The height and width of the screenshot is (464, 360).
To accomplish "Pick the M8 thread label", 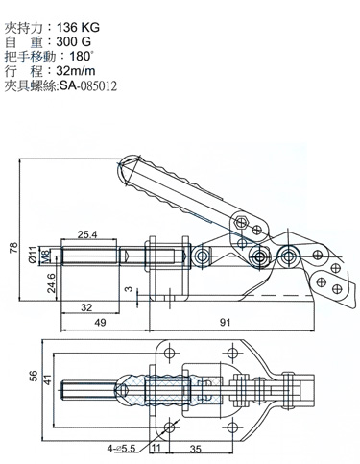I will [x=46, y=256].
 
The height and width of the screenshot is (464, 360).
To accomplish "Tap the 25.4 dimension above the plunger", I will [x=87, y=233].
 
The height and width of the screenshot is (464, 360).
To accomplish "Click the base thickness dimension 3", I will [x=128, y=289].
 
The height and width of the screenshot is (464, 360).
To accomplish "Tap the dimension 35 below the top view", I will [x=195, y=448].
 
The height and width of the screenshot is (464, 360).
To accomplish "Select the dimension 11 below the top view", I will [x=156, y=448].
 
